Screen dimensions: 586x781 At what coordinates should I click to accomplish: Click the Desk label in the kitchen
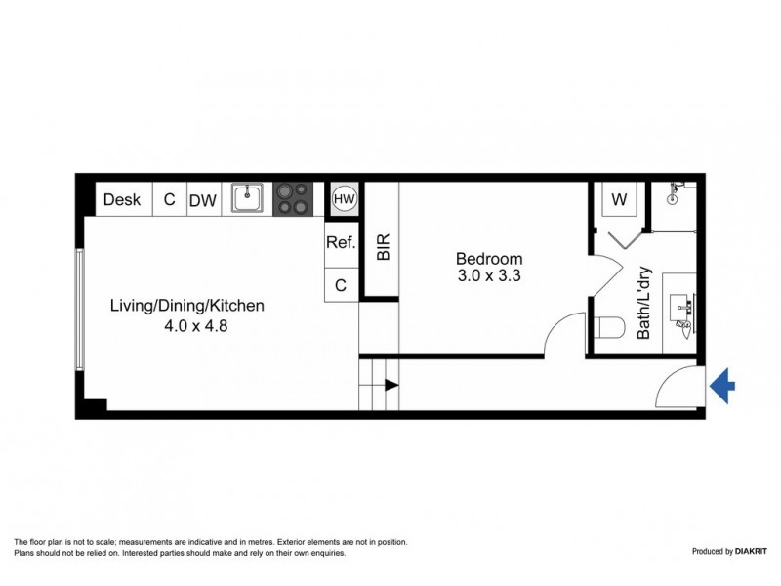122,200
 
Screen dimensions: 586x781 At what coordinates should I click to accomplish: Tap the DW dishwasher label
202,200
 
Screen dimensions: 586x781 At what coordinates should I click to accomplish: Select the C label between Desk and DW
169,200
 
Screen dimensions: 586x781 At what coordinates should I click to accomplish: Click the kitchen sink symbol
247,199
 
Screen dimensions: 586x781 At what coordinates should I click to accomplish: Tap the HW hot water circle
344,199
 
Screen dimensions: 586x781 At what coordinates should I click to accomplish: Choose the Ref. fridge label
340,244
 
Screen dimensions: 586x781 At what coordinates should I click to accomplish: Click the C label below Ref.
341,285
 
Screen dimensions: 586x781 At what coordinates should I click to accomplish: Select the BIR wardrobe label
383,246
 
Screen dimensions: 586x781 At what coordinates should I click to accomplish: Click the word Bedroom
489,259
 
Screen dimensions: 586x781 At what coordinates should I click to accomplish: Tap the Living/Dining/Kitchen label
186,306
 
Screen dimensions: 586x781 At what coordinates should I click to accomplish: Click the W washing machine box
618,199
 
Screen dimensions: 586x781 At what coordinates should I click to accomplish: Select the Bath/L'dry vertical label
644,303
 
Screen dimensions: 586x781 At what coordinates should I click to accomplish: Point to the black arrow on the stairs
391,385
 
